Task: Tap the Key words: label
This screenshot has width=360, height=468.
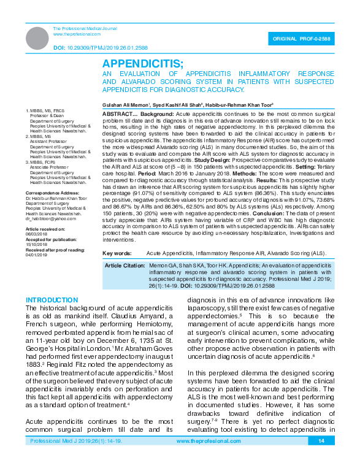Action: [117, 253]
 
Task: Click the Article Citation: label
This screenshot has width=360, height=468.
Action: [124, 266]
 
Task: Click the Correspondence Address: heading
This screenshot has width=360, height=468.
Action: [51, 210]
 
